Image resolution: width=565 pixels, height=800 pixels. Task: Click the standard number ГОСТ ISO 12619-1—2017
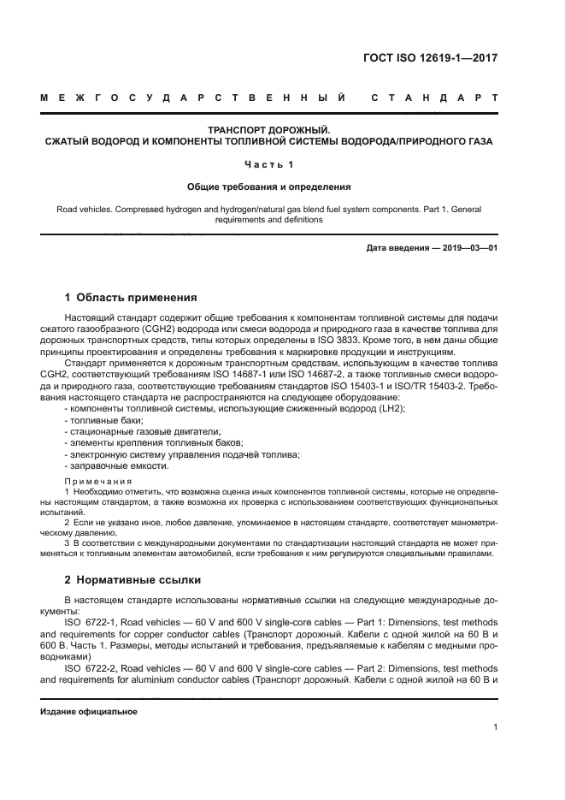431,59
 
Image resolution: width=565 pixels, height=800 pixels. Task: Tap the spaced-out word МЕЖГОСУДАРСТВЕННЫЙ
193,98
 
